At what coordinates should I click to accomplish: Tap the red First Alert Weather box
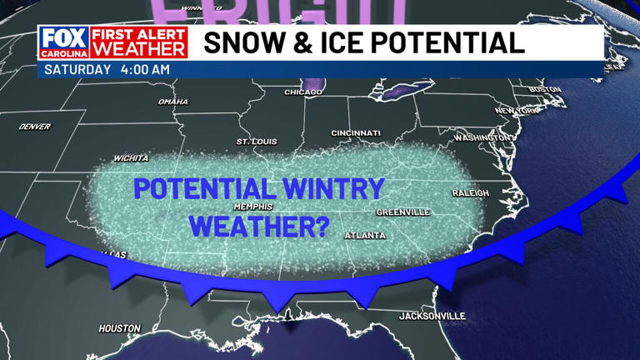tap(138, 42)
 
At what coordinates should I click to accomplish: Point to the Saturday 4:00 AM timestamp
tap(106, 69)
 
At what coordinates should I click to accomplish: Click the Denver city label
tap(34, 127)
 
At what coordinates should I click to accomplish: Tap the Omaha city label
tap(172, 102)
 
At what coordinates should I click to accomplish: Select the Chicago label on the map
tap(302, 92)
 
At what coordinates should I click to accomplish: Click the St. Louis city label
tap(255, 142)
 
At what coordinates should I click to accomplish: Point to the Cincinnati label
tap(355, 133)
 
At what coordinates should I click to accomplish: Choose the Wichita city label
tap(131, 157)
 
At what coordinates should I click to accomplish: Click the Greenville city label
tap(402, 212)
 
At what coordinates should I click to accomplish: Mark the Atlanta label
tap(365, 236)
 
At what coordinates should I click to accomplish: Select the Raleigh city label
tap(470, 192)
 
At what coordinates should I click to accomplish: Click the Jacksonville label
tap(432, 316)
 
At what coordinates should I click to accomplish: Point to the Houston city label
tap(120, 328)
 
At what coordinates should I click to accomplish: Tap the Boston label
tap(545, 89)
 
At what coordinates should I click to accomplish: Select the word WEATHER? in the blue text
tap(259, 224)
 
